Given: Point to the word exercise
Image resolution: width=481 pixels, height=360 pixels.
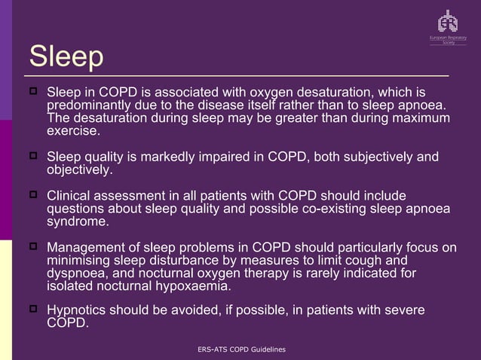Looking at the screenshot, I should pos(72,131).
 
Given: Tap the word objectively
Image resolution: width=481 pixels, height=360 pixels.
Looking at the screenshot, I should pos(78,170).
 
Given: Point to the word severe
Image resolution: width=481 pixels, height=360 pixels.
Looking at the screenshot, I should pos(402,310).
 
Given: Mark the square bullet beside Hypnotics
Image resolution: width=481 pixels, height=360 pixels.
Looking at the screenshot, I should pos(33,309).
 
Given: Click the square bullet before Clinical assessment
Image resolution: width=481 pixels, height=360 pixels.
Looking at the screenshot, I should pos(33,194).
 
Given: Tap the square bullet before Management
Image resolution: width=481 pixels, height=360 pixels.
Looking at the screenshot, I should pos(33,246).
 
